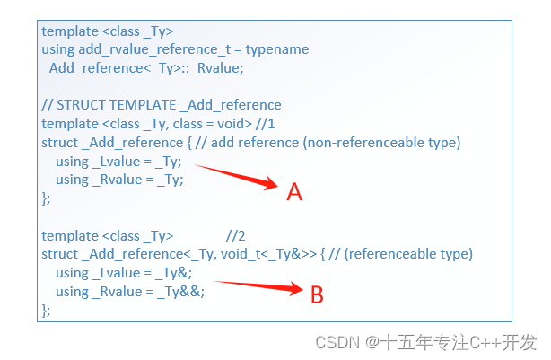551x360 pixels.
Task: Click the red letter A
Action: click(x=294, y=191)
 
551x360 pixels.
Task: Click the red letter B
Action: click(x=317, y=294)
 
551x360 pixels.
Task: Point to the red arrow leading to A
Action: click(x=238, y=176)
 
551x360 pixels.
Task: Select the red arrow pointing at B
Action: click(x=260, y=286)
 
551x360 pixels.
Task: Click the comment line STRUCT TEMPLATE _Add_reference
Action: click(x=162, y=105)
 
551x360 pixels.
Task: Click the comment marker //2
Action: click(x=236, y=236)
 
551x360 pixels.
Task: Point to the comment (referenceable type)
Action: click(x=408, y=255)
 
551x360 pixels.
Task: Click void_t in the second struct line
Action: click(x=238, y=255)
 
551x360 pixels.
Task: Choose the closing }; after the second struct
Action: click(x=47, y=311)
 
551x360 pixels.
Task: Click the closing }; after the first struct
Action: click(x=47, y=198)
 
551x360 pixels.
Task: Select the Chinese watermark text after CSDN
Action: click(x=458, y=342)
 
